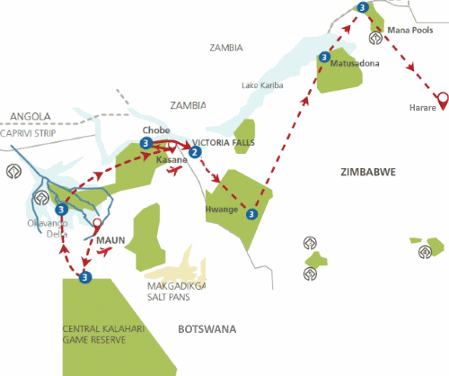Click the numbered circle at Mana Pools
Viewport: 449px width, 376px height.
362,8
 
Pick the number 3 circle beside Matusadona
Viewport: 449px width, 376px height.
323,57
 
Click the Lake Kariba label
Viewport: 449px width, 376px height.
262,85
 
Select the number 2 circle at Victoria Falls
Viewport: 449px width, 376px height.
194,152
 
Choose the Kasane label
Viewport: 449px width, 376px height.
172,159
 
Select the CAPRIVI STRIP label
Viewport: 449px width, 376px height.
33,131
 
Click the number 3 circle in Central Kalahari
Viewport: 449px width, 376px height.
84,276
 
